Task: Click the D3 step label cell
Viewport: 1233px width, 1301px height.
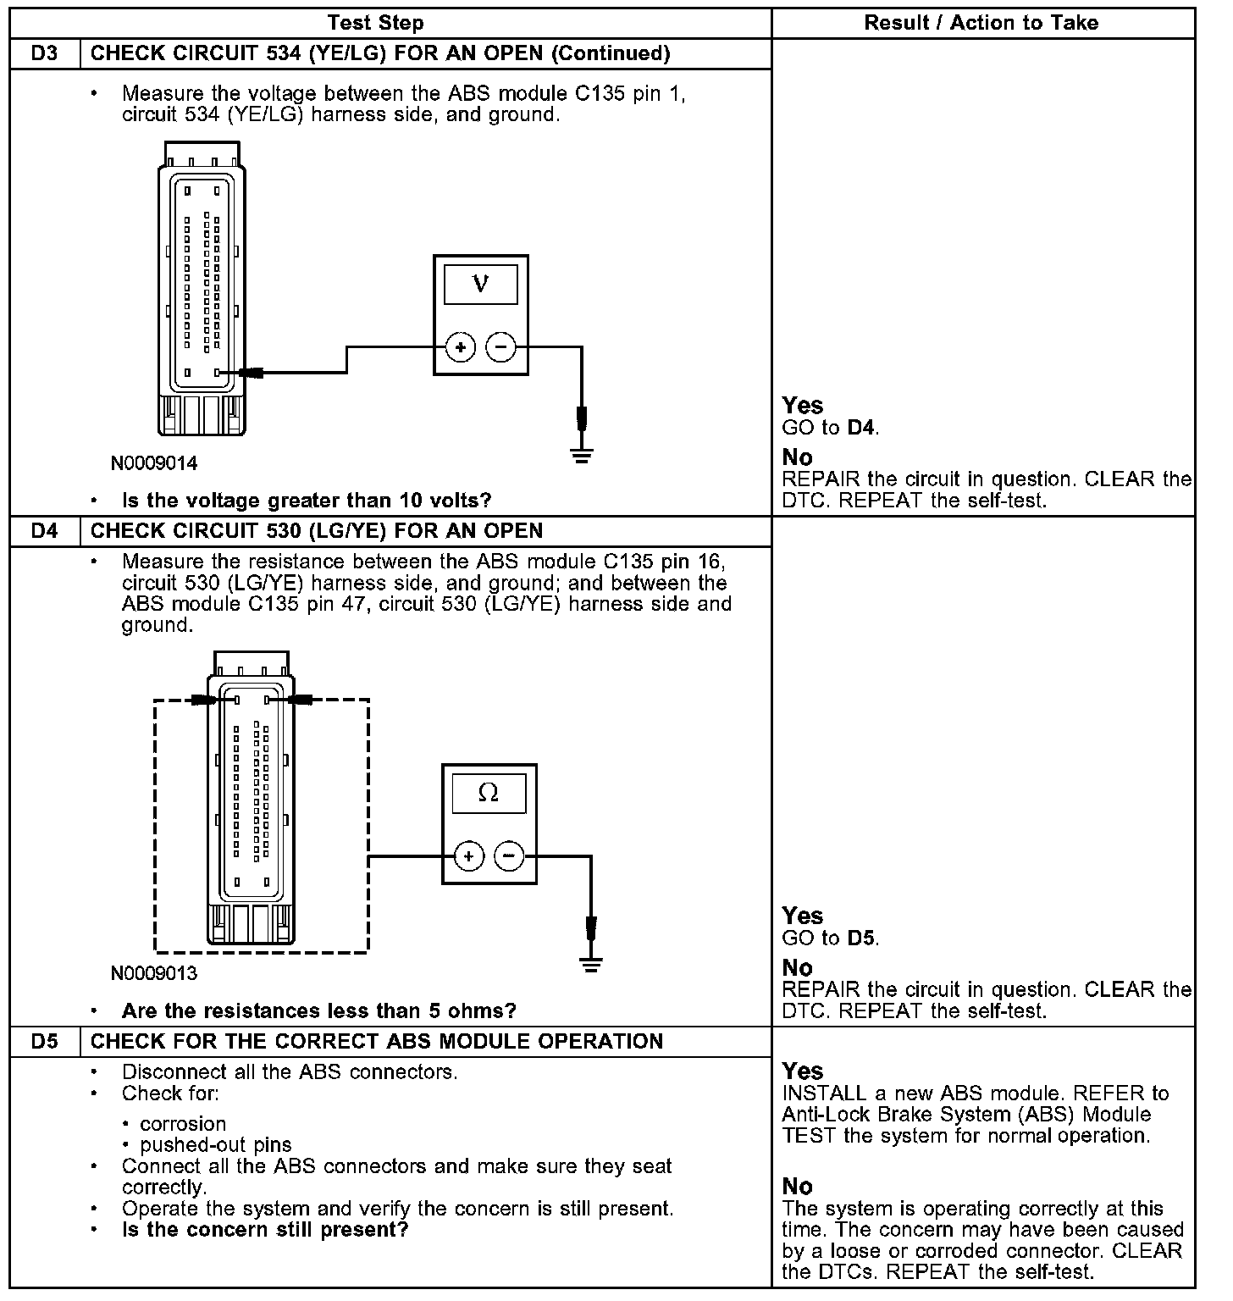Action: click(x=45, y=53)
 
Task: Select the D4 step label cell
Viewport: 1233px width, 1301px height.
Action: click(x=45, y=531)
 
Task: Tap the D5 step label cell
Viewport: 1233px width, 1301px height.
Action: click(x=45, y=1041)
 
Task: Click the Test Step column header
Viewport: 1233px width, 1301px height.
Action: click(x=375, y=23)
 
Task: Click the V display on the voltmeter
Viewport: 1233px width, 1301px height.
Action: click(x=480, y=284)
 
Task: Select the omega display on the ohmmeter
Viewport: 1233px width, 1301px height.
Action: click(x=489, y=794)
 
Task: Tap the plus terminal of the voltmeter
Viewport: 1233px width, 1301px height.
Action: click(x=461, y=347)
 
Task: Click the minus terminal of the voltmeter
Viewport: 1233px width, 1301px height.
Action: click(x=501, y=347)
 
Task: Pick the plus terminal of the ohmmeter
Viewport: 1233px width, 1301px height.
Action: click(x=469, y=856)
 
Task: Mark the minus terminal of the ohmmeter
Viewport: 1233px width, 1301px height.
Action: click(x=509, y=856)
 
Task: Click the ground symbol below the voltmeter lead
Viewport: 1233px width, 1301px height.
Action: click(x=582, y=456)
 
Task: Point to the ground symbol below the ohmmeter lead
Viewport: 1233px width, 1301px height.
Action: click(x=591, y=964)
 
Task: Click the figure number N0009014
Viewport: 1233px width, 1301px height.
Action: click(x=154, y=463)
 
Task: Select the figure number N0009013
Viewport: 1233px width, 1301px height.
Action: click(x=154, y=973)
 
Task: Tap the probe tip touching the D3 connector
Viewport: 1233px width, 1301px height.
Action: click(x=252, y=373)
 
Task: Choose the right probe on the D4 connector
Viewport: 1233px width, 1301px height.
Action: click(x=300, y=700)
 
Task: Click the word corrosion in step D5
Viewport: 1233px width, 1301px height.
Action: click(x=183, y=1124)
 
